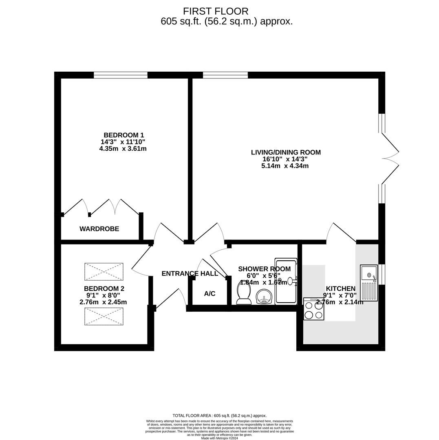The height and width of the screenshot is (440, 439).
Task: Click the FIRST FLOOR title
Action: [216, 11]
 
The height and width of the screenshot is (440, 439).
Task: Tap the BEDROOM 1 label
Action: [124, 135]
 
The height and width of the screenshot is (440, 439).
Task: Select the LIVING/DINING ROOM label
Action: [286, 152]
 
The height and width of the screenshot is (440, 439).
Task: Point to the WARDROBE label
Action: [99, 229]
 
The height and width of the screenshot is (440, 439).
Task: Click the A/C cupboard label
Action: [210, 294]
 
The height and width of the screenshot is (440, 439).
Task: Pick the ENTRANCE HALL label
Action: [190, 274]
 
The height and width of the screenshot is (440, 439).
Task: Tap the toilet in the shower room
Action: [244, 292]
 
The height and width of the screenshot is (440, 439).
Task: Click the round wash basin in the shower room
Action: [264, 297]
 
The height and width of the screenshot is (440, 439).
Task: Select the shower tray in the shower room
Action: [286, 281]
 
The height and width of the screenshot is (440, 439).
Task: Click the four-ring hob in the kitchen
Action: [313, 309]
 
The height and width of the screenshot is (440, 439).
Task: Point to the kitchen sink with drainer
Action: [368, 283]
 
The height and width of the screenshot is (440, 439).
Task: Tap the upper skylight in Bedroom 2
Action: [104, 272]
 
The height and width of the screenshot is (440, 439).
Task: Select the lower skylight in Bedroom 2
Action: [104, 317]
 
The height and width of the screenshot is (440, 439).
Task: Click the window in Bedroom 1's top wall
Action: [121, 75]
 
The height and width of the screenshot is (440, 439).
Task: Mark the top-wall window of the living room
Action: [225, 75]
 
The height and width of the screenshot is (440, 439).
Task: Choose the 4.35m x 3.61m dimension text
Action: [123, 149]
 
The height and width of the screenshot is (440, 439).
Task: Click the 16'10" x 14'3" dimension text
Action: [285, 159]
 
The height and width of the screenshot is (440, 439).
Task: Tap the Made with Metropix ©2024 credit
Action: [219, 438]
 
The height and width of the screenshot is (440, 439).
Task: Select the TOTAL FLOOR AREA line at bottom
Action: [219, 416]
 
